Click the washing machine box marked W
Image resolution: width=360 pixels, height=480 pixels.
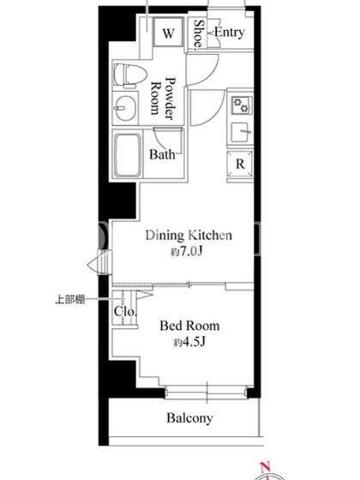(x=169, y=32)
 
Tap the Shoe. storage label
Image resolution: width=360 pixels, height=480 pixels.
(x=199, y=34)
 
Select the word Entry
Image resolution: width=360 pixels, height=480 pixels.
(x=229, y=32)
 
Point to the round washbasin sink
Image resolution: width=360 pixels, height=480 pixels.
(x=125, y=109)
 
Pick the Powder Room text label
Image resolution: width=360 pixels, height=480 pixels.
(x=163, y=98)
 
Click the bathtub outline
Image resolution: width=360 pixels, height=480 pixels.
(x=128, y=155)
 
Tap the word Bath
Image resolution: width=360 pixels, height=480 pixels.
(x=162, y=154)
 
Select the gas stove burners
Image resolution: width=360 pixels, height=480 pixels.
(x=242, y=106)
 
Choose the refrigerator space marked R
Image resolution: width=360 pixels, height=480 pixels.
(x=240, y=164)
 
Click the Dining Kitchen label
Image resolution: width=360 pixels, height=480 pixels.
(x=188, y=235)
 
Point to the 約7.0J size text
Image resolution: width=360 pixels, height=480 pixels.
(x=187, y=251)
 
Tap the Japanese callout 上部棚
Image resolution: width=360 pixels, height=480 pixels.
(x=70, y=299)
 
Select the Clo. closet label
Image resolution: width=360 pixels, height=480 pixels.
(x=125, y=311)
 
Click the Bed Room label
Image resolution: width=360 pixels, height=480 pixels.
(x=190, y=325)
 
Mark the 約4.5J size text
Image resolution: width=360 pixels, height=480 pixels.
(x=189, y=342)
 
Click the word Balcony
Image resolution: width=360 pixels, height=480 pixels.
(x=190, y=418)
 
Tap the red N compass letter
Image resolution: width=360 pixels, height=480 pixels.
(x=265, y=467)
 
